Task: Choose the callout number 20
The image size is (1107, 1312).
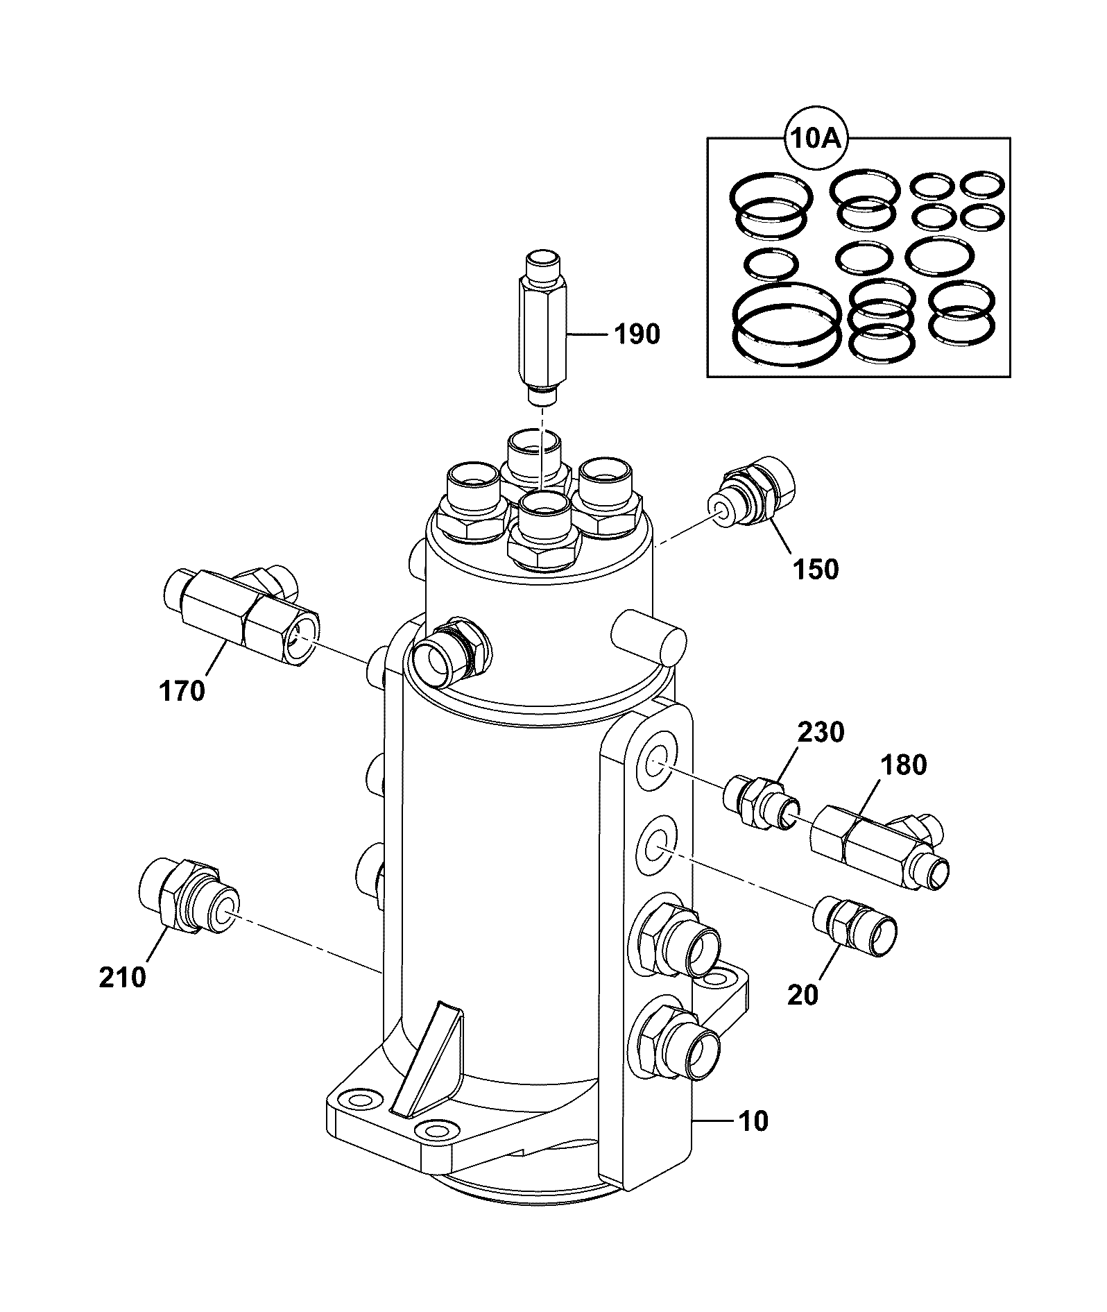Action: [x=803, y=994]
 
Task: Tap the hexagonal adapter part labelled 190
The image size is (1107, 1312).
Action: [x=542, y=330]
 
